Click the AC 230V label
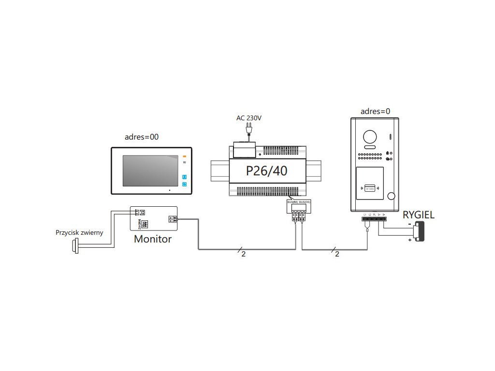click(249, 117)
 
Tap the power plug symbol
click(250, 130)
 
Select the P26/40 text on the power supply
click(266, 171)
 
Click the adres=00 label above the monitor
click(142, 137)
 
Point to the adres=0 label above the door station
click(376, 112)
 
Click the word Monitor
click(153, 239)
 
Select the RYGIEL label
click(419, 215)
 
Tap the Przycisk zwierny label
click(79, 233)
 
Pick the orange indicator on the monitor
click(184, 156)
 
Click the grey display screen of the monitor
click(150, 171)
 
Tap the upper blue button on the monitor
click(184, 177)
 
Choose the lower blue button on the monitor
click(184, 184)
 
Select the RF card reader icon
click(370, 189)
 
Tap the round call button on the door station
click(391, 197)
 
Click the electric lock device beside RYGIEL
click(419, 231)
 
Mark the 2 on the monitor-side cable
click(243, 254)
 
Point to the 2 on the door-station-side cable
click(337, 254)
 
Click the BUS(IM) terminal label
click(292, 201)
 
